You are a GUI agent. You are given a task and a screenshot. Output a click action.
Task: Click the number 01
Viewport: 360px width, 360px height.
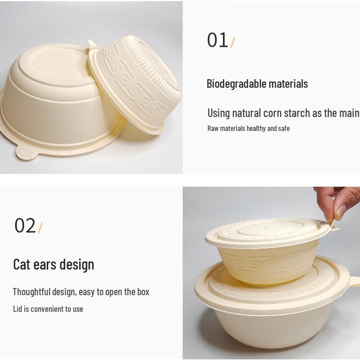[217, 40]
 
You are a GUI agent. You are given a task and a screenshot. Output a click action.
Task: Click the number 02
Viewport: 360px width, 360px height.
[25, 225]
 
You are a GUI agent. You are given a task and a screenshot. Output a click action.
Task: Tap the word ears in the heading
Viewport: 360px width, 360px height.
[44, 264]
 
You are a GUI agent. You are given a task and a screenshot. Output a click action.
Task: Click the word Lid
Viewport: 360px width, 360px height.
[17, 309]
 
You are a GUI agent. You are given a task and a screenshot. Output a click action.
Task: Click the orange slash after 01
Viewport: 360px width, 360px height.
[233, 43]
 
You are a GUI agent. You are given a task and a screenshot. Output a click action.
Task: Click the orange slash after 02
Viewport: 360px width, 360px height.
[40, 228]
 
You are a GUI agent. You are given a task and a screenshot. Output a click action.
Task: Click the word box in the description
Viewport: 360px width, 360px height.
[143, 292]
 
